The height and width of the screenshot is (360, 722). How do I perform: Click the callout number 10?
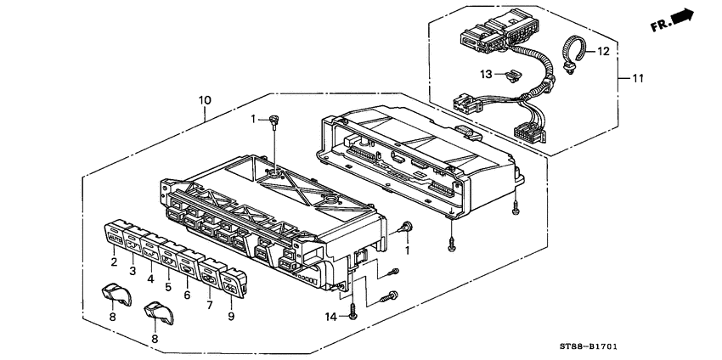[x=205, y=100]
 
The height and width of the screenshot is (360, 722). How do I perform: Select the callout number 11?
[x=637, y=79]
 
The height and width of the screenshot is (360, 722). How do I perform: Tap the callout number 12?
[x=603, y=52]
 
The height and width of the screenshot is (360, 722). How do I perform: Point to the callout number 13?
[x=486, y=74]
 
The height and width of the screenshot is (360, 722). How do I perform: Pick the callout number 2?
[x=114, y=262]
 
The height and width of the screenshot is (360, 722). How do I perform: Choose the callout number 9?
[x=231, y=316]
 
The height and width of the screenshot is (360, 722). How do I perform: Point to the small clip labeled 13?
[x=511, y=76]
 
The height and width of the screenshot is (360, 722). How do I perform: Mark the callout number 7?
[x=210, y=305]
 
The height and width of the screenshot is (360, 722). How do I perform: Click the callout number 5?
[x=168, y=288]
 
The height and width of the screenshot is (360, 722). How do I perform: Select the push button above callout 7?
[x=212, y=273]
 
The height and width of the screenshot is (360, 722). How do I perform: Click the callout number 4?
[x=150, y=278]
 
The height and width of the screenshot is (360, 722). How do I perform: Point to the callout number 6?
[x=187, y=295]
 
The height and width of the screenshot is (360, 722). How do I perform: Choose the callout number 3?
[x=133, y=271]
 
